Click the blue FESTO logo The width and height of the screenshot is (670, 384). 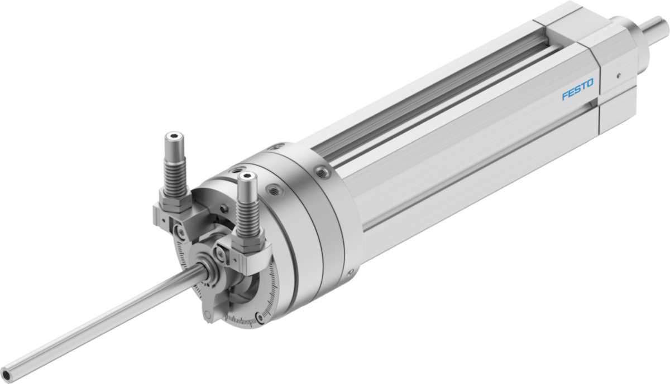(577, 89)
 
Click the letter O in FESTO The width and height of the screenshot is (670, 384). (590, 83)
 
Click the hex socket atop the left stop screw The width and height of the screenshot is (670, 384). (174, 137)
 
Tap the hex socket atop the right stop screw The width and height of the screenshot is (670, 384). (247, 176)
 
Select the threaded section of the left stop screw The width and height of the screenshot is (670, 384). (175, 177)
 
